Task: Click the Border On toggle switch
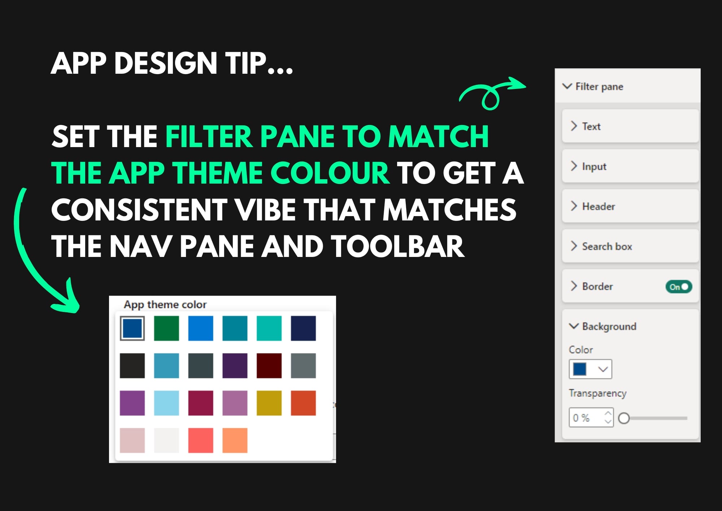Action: point(679,287)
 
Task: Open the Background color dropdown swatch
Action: point(590,369)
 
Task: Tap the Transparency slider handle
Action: point(624,418)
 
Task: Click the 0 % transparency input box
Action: point(591,417)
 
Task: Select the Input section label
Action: point(594,166)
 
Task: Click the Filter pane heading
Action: point(599,86)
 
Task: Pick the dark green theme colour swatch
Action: point(166,328)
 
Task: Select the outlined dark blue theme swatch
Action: point(132,328)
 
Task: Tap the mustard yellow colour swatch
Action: point(269,403)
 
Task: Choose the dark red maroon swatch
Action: point(269,366)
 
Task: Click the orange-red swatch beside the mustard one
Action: point(303,403)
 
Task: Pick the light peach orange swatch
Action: point(235,441)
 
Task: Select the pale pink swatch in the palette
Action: point(132,441)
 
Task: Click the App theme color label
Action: point(165,305)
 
